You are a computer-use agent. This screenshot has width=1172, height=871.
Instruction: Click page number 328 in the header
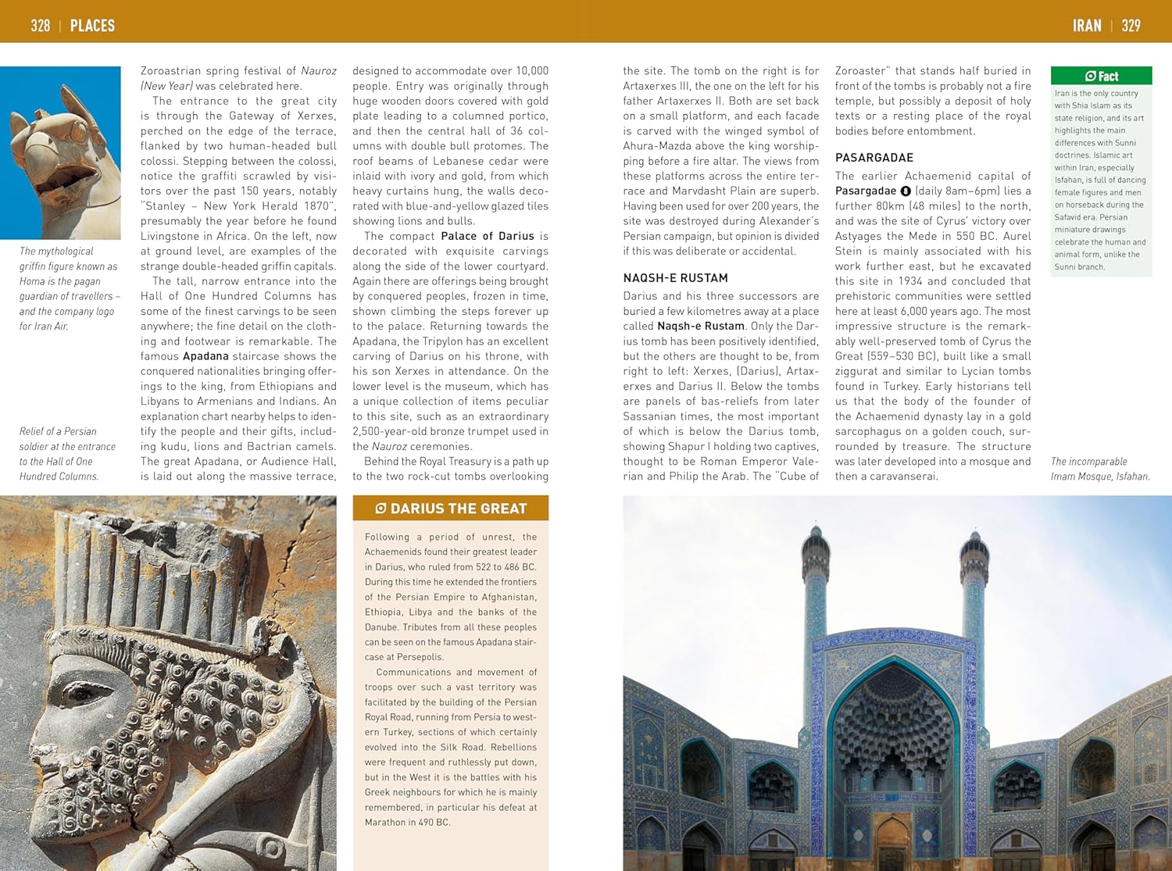click(40, 26)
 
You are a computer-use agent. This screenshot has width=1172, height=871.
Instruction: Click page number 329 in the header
click(1131, 26)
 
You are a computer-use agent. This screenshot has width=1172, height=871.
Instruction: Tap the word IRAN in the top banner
click(1087, 26)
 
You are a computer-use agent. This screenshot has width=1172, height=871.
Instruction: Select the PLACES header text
click(92, 26)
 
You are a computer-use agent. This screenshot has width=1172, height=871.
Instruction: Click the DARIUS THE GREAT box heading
click(451, 509)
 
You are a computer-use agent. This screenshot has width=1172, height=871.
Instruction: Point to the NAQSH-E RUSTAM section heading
click(675, 278)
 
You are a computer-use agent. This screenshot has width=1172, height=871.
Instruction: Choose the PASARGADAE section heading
click(874, 158)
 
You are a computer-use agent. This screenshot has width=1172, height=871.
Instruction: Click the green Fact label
click(1102, 76)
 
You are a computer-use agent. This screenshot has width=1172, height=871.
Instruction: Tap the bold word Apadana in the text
click(205, 356)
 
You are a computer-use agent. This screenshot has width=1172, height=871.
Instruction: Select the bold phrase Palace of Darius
click(488, 236)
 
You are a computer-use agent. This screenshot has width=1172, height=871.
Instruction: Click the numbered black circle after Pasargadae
click(906, 191)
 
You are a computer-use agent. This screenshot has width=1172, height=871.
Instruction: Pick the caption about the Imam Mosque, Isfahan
click(1099, 469)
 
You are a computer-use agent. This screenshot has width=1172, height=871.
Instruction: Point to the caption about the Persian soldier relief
click(67, 454)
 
